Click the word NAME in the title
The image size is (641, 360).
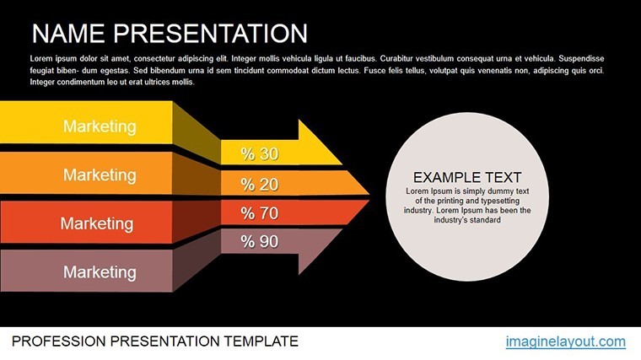click(x=68, y=33)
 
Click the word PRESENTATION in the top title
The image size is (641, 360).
click(x=211, y=33)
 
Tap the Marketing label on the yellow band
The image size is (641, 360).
click(x=100, y=126)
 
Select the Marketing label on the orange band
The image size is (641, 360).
click(x=100, y=175)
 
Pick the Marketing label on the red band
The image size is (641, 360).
click(x=97, y=223)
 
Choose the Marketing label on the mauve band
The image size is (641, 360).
click(x=100, y=272)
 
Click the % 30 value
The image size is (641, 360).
click(x=260, y=153)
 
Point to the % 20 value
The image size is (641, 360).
click(x=260, y=185)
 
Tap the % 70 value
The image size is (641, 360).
click(x=260, y=213)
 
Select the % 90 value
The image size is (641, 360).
click(x=260, y=241)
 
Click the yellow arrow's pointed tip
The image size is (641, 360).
click(x=342, y=164)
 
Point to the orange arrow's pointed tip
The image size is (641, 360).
click(x=369, y=194)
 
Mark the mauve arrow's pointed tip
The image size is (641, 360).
click(x=342, y=229)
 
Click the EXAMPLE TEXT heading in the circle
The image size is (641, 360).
click(x=467, y=177)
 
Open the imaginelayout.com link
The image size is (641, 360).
click(x=565, y=341)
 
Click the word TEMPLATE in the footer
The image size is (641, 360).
click(x=261, y=341)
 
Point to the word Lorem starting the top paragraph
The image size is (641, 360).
click(x=40, y=58)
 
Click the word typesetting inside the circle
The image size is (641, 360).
click(x=500, y=201)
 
